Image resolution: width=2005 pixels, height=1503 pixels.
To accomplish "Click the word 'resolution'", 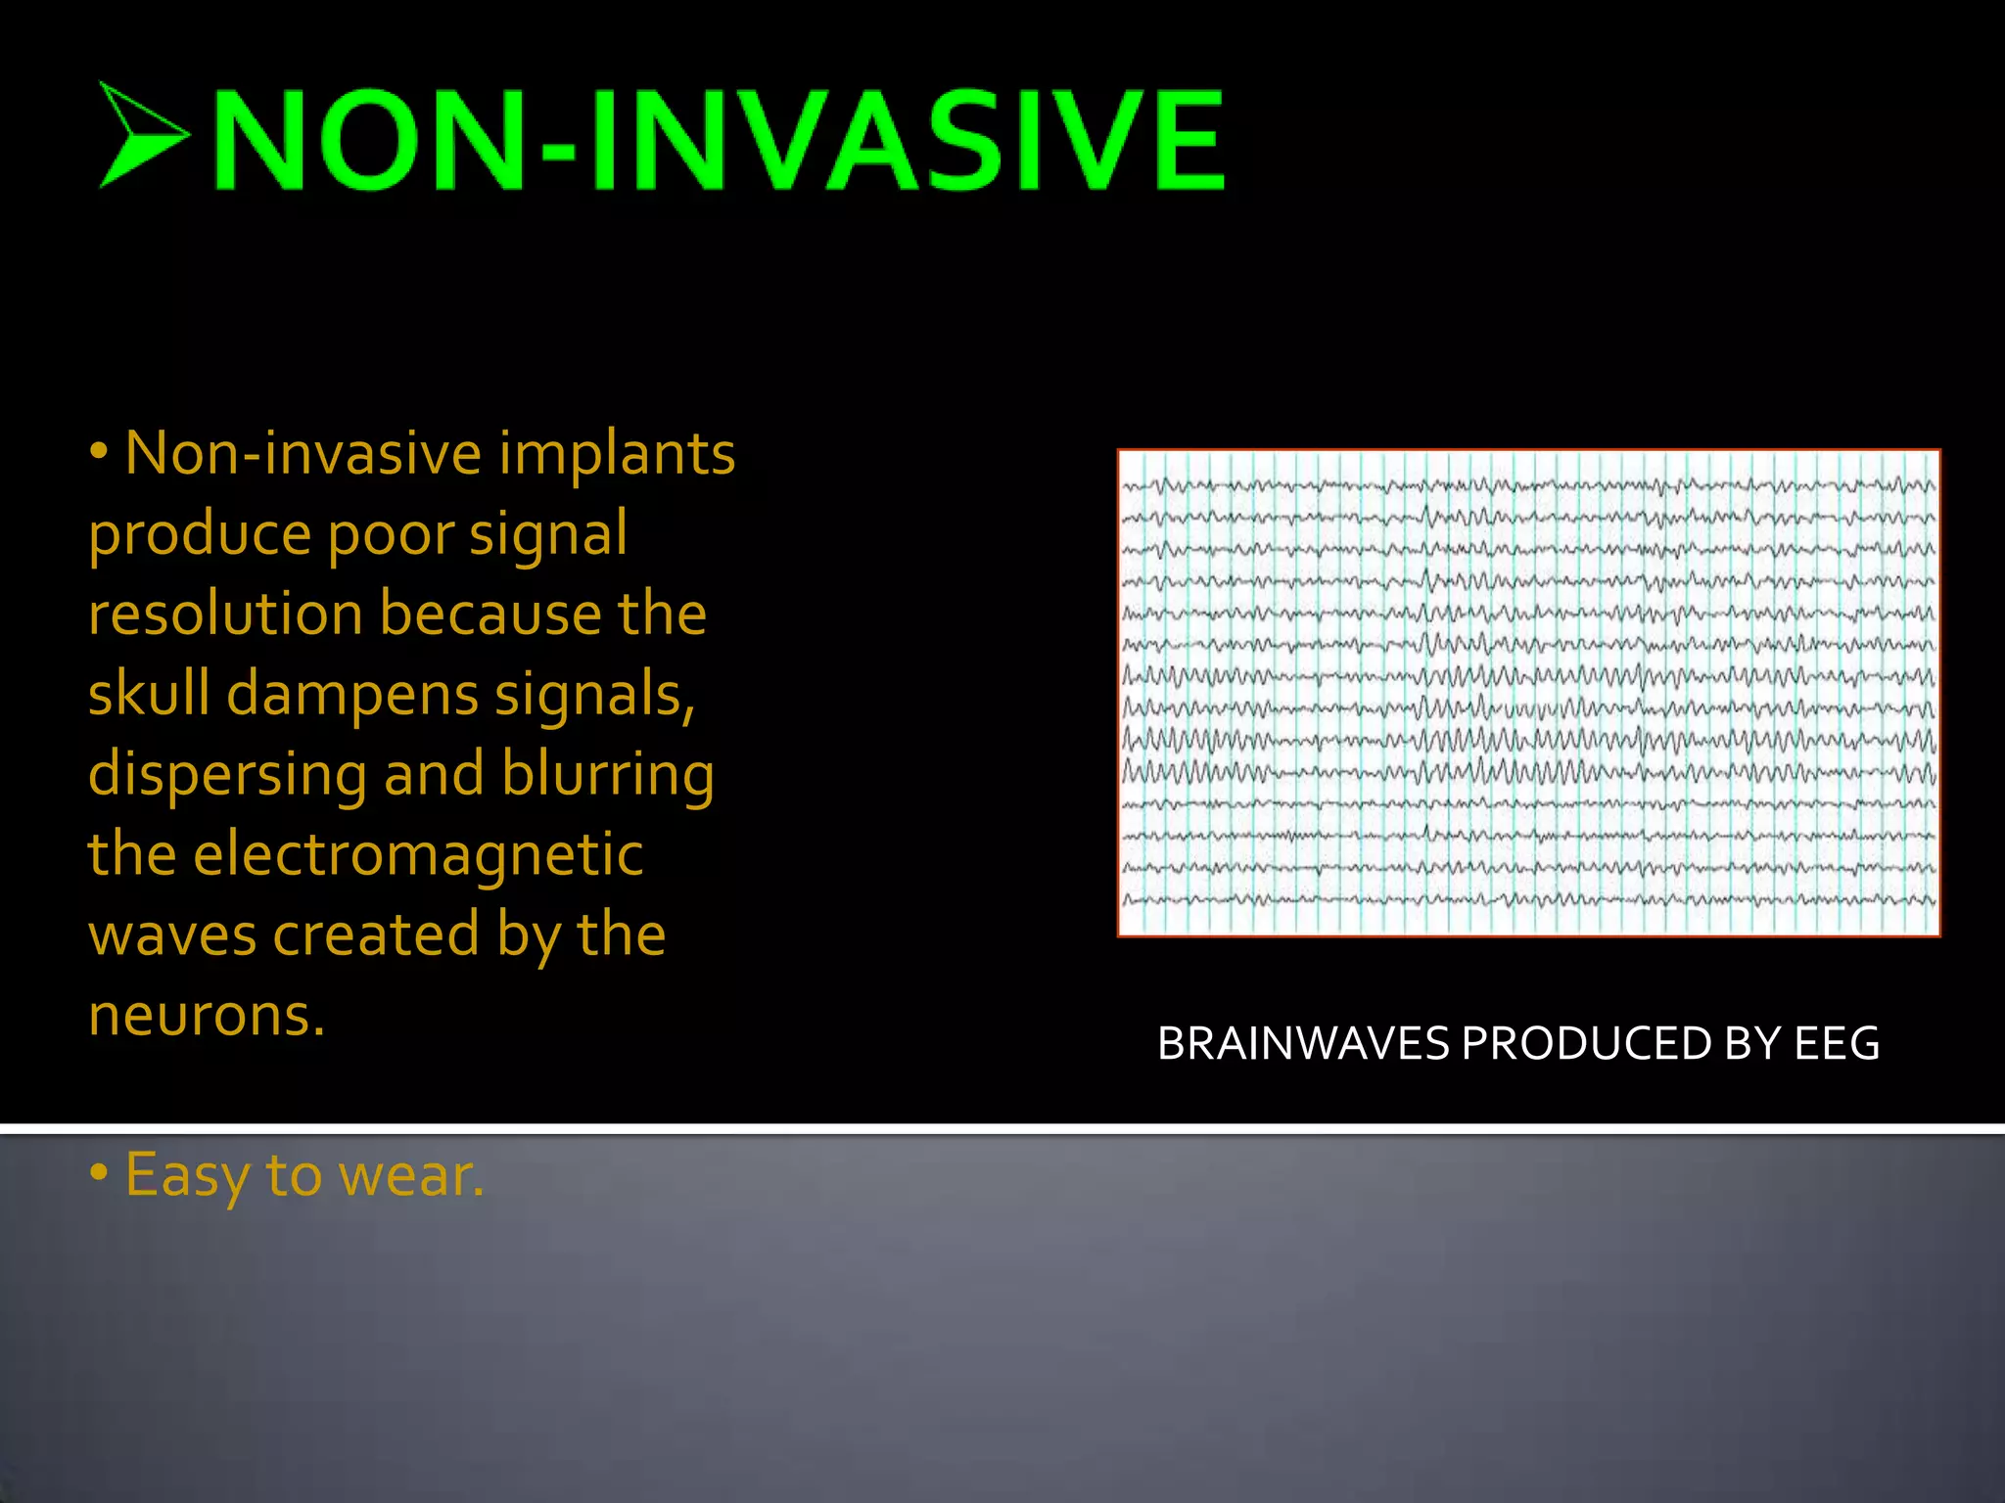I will coord(225,615).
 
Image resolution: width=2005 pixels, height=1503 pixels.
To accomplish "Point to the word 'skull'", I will coord(149,694).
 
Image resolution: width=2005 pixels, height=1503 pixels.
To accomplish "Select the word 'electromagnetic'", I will coord(418,854).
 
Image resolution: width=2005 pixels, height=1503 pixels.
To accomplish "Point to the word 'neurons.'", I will coord(206,1015).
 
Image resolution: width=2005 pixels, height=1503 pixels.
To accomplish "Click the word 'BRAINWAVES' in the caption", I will coord(1302,1044).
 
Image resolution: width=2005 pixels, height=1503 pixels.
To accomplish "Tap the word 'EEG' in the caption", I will coord(1837,1044).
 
